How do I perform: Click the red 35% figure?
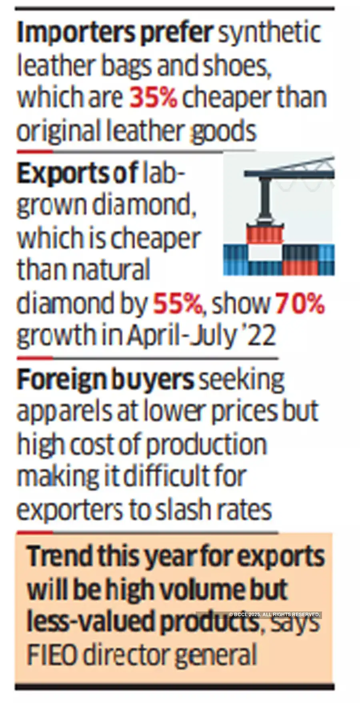153,98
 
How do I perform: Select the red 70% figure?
300,304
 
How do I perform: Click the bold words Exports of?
78,174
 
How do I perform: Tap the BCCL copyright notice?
274,614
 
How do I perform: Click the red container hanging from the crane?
264,236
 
